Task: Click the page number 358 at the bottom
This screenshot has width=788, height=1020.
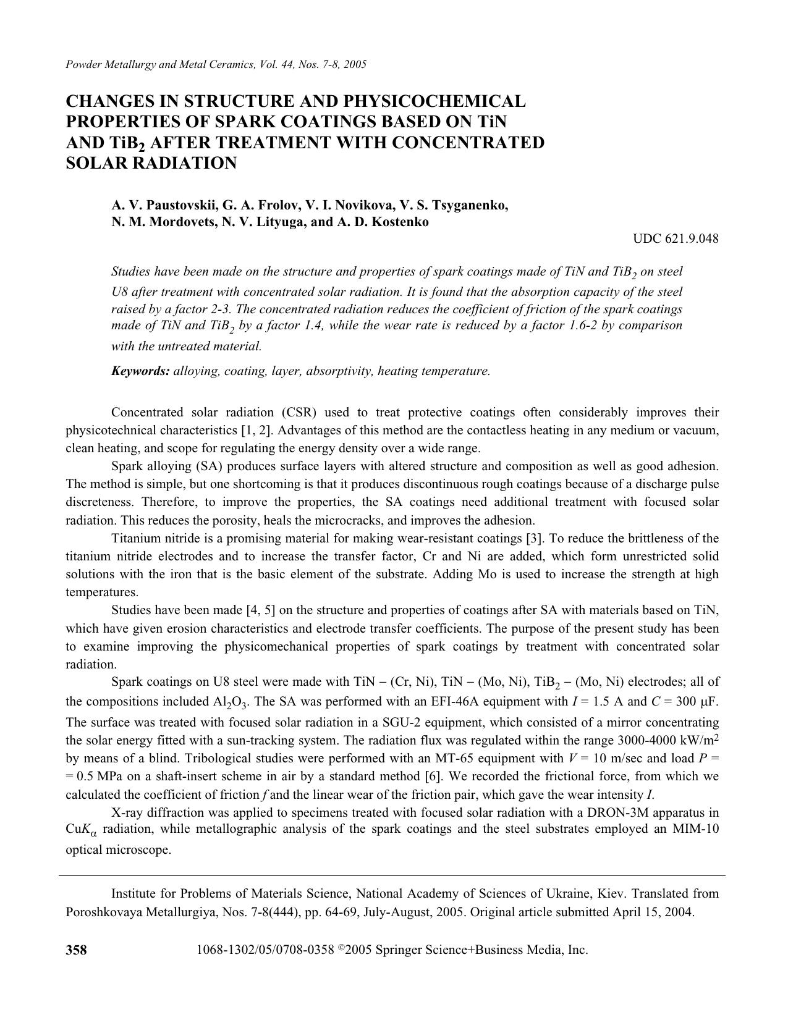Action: point(77,950)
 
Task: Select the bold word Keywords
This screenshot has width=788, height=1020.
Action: point(140,371)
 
